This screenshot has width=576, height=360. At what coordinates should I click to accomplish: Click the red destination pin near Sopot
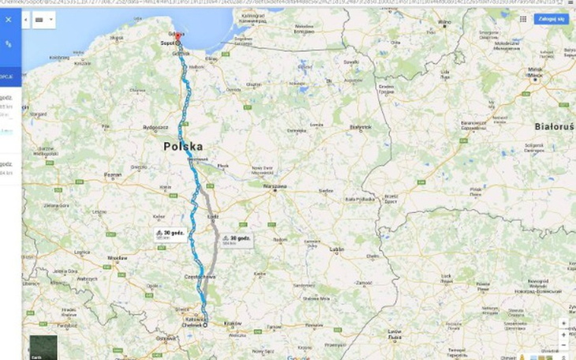pos(178,36)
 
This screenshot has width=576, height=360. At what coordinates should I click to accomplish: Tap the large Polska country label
pos(183,147)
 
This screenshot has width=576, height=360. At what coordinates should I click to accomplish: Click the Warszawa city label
pos(275,187)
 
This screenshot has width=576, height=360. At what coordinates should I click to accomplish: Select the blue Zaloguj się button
pos(550,18)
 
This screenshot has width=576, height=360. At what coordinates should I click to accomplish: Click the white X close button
pos(8,19)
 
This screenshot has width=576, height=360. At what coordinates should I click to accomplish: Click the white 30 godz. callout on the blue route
pos(166,234)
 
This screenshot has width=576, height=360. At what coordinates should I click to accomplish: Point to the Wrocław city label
pos(118,258)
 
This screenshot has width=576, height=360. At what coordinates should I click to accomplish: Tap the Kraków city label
pos(233,323)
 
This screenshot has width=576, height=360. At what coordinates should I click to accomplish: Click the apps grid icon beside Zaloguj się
pos(522,18)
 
